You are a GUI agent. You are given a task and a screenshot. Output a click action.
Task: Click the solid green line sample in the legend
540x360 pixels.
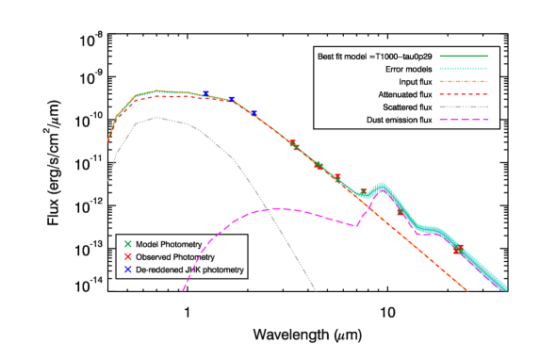click(x=463, y=56)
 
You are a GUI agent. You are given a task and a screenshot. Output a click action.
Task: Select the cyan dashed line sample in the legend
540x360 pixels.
click(x=463, y=69)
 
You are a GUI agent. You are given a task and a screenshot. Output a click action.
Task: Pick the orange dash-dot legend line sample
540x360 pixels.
click(x=463, y=81)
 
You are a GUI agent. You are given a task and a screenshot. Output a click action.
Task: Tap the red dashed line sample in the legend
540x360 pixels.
click(x=463, y=94)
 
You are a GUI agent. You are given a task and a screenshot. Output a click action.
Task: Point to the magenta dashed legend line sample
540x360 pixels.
click(x=463, y=120)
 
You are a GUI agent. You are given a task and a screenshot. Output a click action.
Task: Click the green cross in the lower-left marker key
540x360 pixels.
click(x=128, y=243)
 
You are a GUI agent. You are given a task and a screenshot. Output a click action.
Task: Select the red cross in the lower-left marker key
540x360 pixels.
click(x=128, y=256)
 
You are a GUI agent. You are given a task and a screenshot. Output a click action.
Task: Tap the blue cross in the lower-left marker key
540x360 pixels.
click(x=128, y=269)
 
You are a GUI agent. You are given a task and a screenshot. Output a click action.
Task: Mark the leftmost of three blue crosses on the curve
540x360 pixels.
click(x=205, y=94)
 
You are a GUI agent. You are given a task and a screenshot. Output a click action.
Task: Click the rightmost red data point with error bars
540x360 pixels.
click(x=458, y=250)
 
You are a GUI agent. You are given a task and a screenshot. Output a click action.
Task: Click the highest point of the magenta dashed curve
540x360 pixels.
click(x=279, y=208)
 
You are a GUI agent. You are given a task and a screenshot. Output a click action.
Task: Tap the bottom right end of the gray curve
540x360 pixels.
click(x=315, y=290)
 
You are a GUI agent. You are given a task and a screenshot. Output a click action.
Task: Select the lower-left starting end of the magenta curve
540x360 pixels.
click(x=183, y=290)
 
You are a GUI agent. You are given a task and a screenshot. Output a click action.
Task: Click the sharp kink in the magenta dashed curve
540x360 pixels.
click(x=356, y=226)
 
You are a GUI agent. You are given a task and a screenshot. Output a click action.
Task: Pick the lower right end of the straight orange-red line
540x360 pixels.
click(x=467, y=290)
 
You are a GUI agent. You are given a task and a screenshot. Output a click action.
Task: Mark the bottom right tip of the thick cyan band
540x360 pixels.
click(x=505, y=288)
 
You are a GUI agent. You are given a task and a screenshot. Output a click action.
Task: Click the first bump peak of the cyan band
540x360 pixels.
click(x=382, y=186)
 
